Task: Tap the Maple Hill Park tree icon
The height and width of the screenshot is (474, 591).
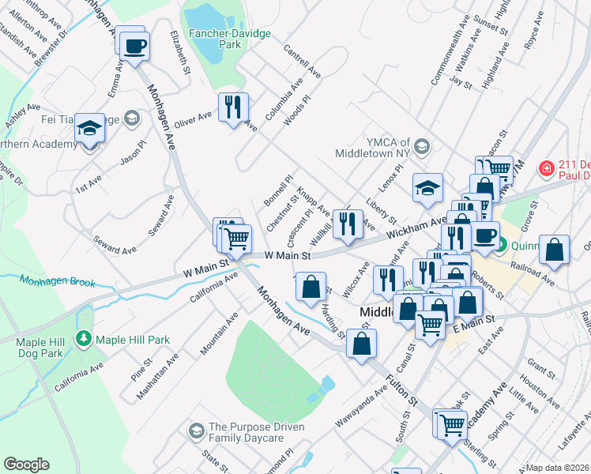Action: click(x=83, y=339)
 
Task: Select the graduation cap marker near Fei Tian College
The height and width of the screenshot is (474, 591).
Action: click(x=90, y=127)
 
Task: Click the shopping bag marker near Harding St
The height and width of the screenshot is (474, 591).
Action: click(x=312, y=288)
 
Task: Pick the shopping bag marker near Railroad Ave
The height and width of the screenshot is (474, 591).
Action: click(x=555, y=249)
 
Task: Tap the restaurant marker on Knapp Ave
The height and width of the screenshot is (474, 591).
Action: click(x=347, y=224)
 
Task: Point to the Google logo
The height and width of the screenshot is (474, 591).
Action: click(x=26, y=465)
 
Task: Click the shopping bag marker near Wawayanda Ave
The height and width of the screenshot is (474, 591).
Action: click(x=361, y=344)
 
